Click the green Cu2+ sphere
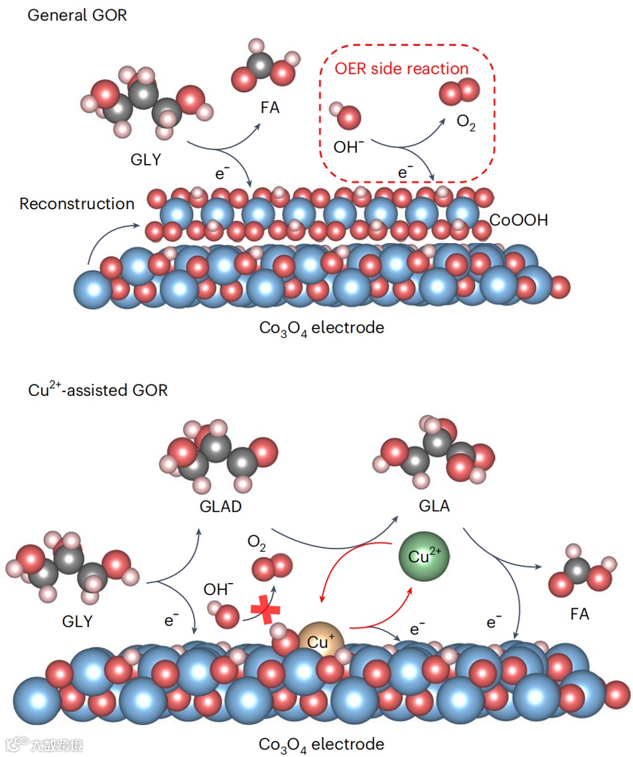click(x=423, y=556)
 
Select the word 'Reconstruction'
click(x=76, y=204)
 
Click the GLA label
click(x=435, y=505)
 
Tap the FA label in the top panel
click(x=269, y=107)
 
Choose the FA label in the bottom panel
click(x=579, y=614)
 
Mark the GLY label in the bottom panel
click(x=77, y=622)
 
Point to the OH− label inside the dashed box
click(x=349, y=147)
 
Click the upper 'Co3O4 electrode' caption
click(x=321, y=327)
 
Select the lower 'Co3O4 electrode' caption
click(x=321, y=743)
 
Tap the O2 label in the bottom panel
click(x=257, y=543)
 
